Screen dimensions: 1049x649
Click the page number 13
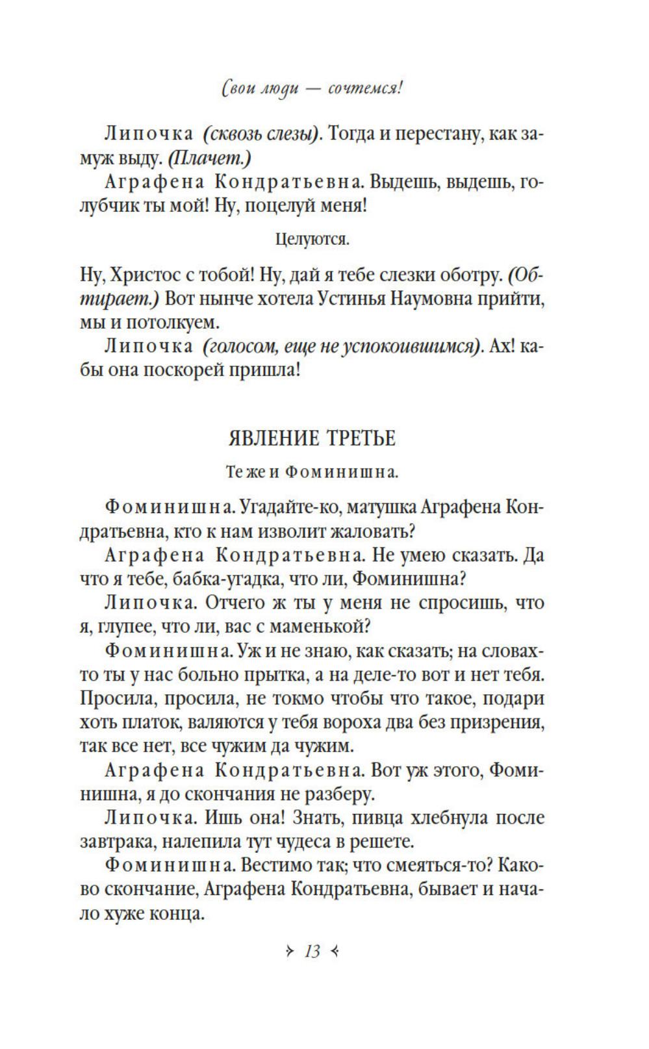click(312, 952)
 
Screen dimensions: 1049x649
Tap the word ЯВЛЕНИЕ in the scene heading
click(270, 438)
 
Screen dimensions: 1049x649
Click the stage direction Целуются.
click(312, 240)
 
